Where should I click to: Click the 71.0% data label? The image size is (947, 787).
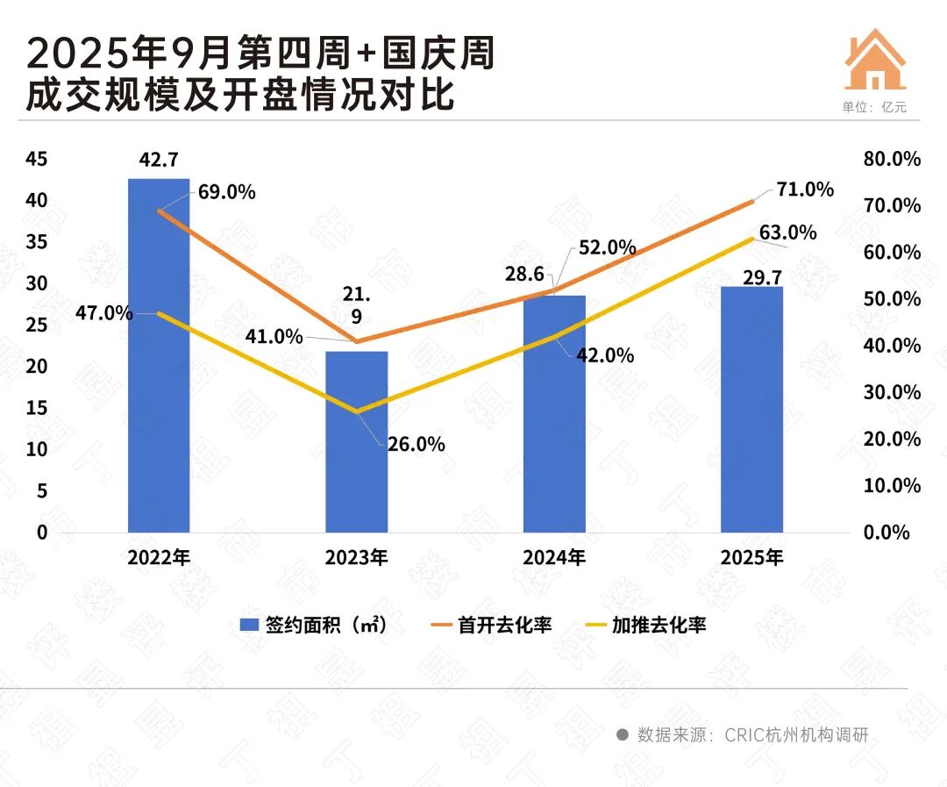pyautogui.click(x=804, y=190)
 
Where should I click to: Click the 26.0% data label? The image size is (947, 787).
pyautogui.click(x=417, y=445)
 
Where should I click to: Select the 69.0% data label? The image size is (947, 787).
pyautogui.click(x=227, y=192)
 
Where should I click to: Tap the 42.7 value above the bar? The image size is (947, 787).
pyautogui.click(x=159, y=160)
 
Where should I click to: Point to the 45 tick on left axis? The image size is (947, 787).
pyautogui.click(x=36, y=159)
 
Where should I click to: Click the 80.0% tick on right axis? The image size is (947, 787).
pyautogui.click(x=892, y=159)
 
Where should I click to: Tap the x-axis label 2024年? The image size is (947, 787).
pyautogui.click(x=554, y=557)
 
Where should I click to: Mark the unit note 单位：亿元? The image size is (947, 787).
pyautogui.click(x=874, y=107)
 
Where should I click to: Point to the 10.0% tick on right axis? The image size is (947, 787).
pyautogui.click(x=892, y=485)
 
